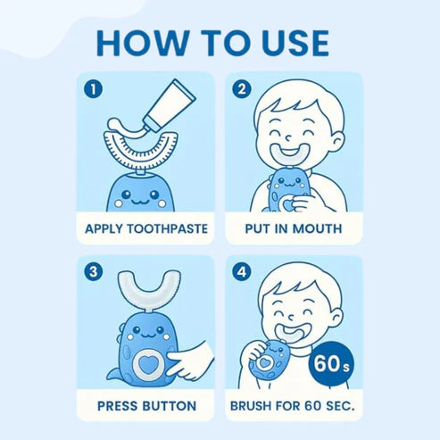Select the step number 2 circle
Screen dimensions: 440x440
click(242, 89)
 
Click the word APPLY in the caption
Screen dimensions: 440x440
click(104, 228)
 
